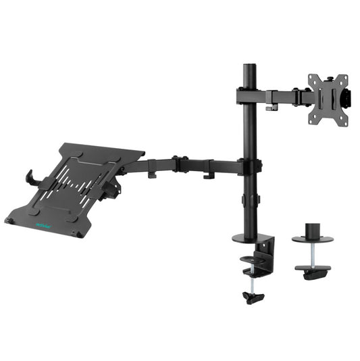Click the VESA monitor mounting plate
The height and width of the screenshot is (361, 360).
pyautogui.click(x=327, y=99)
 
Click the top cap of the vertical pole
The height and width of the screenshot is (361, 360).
pyautogui.click(x=248, y=68)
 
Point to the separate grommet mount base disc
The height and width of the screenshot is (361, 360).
pyautogui.click(x=312, y=239)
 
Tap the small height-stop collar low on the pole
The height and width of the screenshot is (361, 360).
pyautogui.click(x=249, y=200)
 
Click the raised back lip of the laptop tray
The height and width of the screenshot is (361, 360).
pyautogui.click(x=101, y=148)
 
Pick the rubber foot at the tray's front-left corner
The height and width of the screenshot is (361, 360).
pyautogui.click(x=11, y=220)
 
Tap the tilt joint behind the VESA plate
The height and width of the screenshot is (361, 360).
pyautogui.click(x=349, y=99)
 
